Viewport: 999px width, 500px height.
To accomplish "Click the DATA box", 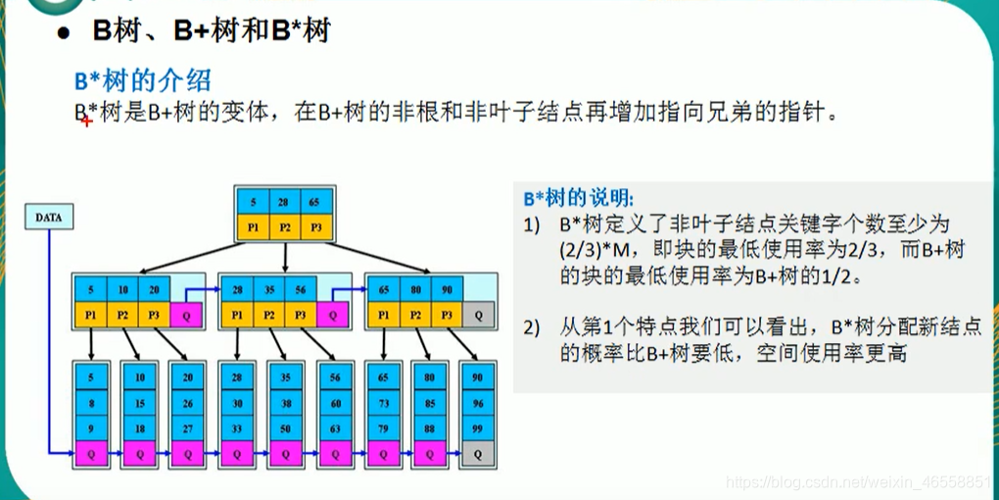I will click(x=48, y=218).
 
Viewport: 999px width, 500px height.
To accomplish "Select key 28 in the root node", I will click(x=283, y=203).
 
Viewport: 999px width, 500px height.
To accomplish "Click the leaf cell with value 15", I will click(x=139, y=402).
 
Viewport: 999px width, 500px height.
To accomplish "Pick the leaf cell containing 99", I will click(x=478, y=428).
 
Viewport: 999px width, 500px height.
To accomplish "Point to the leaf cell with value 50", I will click(x=286, y=428).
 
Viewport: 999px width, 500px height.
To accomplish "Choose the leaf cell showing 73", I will click(x=383, y=402).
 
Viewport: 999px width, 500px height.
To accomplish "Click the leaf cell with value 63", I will click(x=334, y=428).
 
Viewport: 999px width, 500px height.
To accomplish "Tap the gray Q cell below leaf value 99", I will click(x=478, y=454).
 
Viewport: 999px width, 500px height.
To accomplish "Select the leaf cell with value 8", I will click(x=90, y=402).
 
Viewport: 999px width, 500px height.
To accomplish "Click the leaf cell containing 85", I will click(x=430, y=402).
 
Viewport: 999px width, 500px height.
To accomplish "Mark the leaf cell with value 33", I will click(x=237, y=428).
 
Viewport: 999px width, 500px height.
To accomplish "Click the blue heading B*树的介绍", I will click(x=143, y=79).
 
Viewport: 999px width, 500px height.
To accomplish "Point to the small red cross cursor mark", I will click(x=86, y=121).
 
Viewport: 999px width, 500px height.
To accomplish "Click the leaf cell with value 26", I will click(x=188, y=402).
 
